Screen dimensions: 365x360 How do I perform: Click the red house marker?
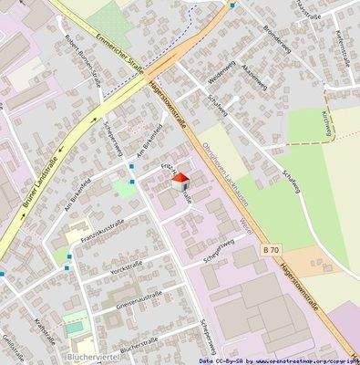pos(179,181)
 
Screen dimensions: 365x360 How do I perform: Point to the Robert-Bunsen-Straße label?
pos(85,58)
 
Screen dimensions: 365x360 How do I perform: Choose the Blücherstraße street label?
pos(139,345)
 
